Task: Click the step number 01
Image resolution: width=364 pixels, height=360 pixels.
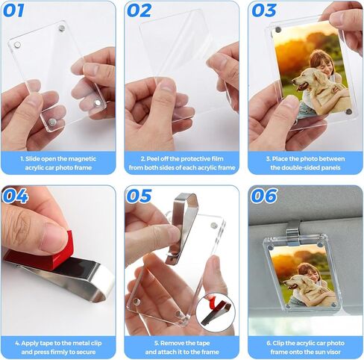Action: [13, 10]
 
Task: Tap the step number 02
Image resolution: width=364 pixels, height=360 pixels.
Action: [139, 10]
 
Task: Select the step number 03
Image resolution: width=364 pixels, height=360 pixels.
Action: [264, 10]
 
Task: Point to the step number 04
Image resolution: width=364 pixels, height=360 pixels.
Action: [16, 196]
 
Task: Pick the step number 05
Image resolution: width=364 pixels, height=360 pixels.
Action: [139, 196]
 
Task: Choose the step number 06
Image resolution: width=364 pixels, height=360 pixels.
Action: [264, 196]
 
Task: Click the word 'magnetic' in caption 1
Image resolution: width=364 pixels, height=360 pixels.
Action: [82, 159]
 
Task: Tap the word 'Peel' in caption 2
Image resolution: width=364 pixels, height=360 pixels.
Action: [152, 159]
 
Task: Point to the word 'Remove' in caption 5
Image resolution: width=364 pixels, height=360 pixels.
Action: [171, 343]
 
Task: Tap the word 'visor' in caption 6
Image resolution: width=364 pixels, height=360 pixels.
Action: [333, 352]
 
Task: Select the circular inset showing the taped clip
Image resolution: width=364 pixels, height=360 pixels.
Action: [216, 312]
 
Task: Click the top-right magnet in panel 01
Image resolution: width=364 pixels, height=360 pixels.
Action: [62, 28]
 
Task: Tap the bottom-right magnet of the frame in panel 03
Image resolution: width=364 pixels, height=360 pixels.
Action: [348, 111]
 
